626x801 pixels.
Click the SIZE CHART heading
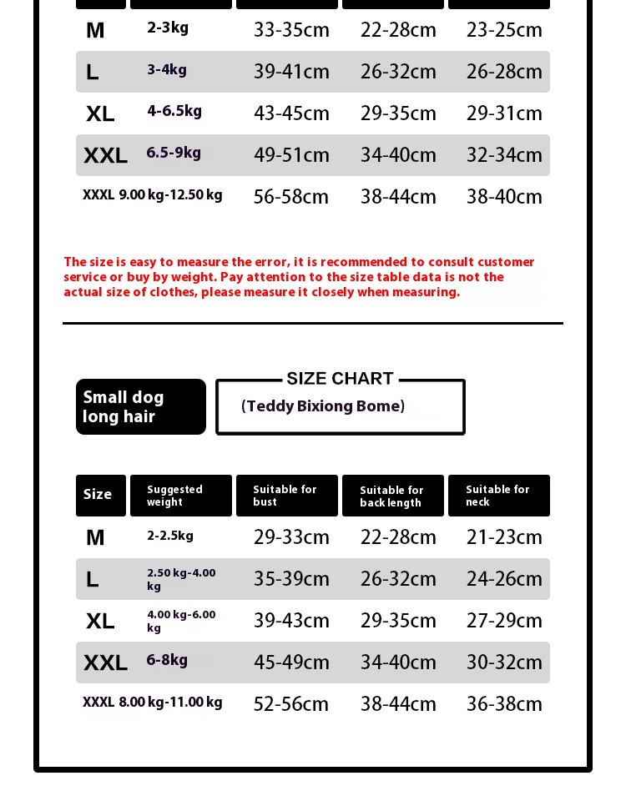pyautogui.click(x=340, y=379)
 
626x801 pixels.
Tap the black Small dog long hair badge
pyautogui.click(x=140, y=406)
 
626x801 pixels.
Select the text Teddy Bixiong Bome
pyautogui.click(x=323, y=406)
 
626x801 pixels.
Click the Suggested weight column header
pyautogui.click(x=180, y=496)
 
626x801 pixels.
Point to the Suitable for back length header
pyautogui.click(x=392, y=496)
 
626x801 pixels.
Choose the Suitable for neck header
pyautogui.click(x=498, y=496)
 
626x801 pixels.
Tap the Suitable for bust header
pyautogui.click(x=286, y=496)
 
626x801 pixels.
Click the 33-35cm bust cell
pyautogui.click(x=291, y=30)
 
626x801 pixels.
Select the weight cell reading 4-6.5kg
pyautogui.click(x=174, y=111)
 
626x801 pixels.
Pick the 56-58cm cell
pyautogui.click(x=291, y=197)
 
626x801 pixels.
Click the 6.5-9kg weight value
pyautogui.click(x=174, y=153)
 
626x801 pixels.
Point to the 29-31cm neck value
pyautogui.click(x=504, y=113)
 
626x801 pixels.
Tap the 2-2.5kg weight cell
pyautogui.click(x=170, y=536)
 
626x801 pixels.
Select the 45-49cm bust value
pyautogui.click(x=291, y=662)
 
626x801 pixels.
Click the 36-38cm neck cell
pyautogui.click(x=504, y=704)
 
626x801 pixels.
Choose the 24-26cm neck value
pyautogui.click(x=504, y=579)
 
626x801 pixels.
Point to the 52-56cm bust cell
pyautogui.click(x=291, y=704)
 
